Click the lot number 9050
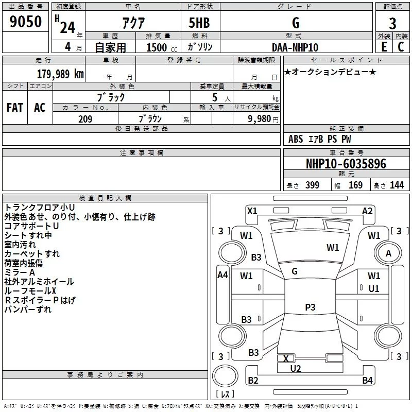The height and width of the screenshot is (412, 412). point(25,22)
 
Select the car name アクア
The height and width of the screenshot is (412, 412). point(133,23)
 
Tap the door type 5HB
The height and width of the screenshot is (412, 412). point(199,23)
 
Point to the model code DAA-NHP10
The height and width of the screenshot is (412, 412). point(295,47)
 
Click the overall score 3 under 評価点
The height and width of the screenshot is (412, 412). point(392,23)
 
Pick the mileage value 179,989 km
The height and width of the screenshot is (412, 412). point(60,74)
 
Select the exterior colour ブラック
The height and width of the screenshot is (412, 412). point(111,97)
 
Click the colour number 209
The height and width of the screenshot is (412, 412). point(85,119)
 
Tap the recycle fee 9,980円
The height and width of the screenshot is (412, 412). point(263,119)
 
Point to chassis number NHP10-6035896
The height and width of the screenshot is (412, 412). point(346,164)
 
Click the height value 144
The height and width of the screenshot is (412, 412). point(397,185)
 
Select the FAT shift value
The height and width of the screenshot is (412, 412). point(15,108)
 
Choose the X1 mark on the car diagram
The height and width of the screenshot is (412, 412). point(252,211)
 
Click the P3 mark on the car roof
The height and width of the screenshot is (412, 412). point(310,307)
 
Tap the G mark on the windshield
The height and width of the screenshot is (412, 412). point(295,271)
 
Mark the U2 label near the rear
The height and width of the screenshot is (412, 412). point(295,368)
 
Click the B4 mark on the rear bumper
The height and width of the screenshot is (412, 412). point(367,380)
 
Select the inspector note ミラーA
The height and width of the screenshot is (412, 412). point(20,272)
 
